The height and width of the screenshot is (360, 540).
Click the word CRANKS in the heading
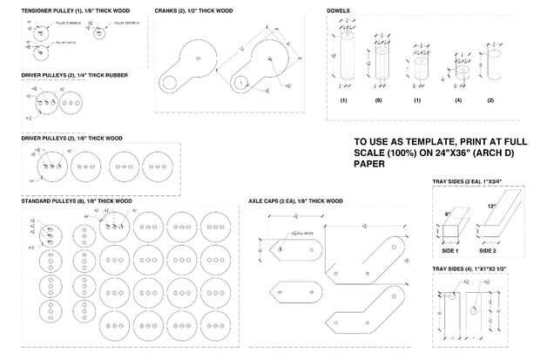[x=168, y=11]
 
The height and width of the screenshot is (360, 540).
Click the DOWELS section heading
[x=340, y=11]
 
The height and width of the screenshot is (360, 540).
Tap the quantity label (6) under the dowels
[x=379, y=101]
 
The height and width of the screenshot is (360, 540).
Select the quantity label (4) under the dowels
[x=458, y=101]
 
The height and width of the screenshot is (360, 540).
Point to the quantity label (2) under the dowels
[x=490, y=101]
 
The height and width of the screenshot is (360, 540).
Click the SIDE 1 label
[x=450, y=250]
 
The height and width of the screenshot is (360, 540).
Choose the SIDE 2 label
[x=489, y=250]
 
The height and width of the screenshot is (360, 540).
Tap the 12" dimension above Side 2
[x=492, y=207]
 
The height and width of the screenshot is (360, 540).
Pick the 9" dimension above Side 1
[x=448, y=212]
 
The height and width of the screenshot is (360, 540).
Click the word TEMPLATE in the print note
[x=414, y=141]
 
